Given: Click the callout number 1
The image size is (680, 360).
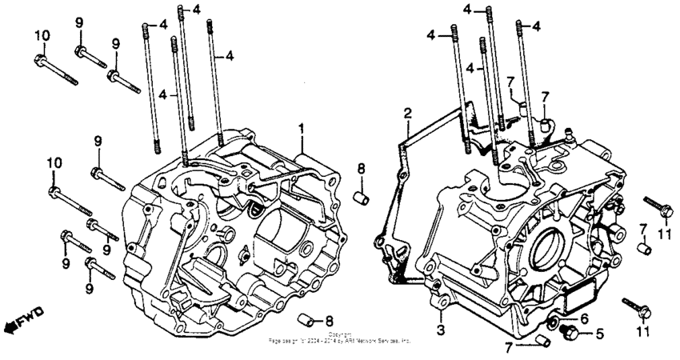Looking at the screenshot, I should [x=302, y=128].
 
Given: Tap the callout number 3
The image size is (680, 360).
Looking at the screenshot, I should [x=440, y=330].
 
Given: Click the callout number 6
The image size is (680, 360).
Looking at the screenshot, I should [x=583, y=317].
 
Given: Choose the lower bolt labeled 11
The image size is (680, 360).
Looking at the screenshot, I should [x=634, y=306].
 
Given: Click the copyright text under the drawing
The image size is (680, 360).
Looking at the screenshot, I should [x=340, y=338].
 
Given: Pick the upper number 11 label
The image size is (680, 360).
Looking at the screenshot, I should [x=662, y=233].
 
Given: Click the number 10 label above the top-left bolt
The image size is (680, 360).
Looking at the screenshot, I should [x=42, y=34].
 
